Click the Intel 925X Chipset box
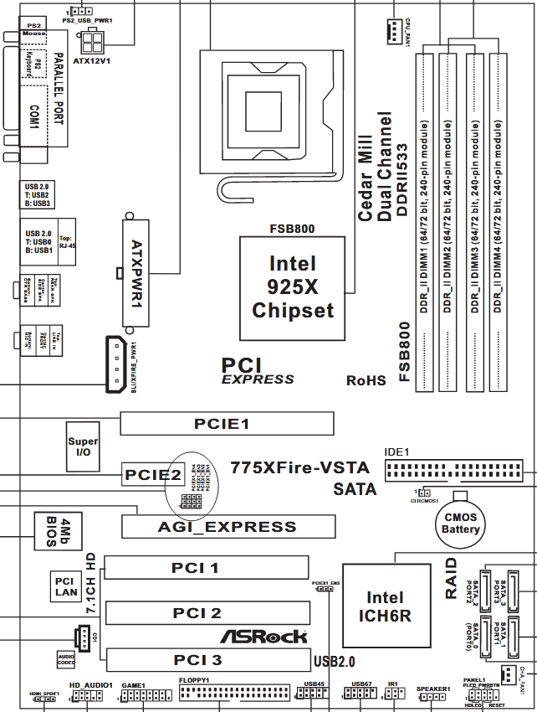[x=293, y=287]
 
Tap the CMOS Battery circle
[x=461, y=524]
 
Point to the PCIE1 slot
[x=222, y=424]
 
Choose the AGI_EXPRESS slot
[x=228, y=527]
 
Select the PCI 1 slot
[x=196, y=568]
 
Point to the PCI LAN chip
[x=66, y=586]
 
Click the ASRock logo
[x=263, y=637]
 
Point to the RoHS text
[x=366, y=380]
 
